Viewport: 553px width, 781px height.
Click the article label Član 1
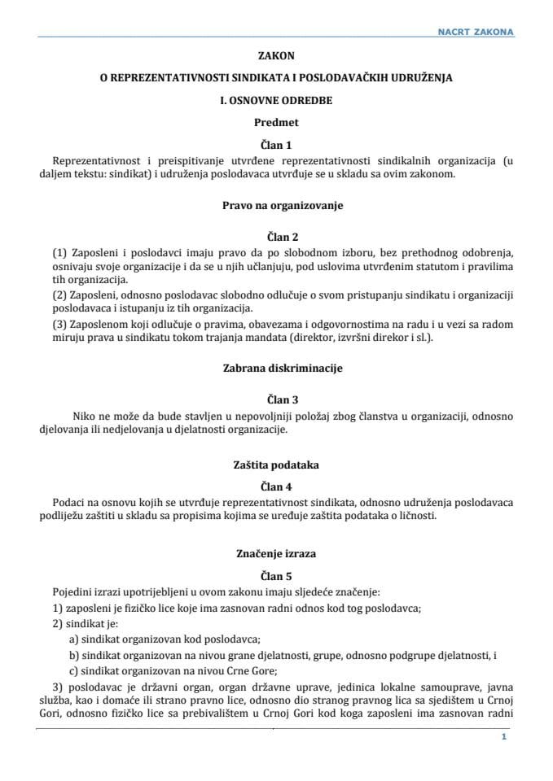[x=276, y=145]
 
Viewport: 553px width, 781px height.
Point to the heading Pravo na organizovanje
[x=276, y=206]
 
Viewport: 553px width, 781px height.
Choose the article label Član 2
[x=276, y=237]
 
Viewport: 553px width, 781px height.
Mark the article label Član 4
[x=276, y=486]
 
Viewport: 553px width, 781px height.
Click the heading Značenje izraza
[x=276, y=553]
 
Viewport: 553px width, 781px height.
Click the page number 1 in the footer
[x=505, y=736]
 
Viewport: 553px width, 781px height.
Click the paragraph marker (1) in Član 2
[x=59, y=253]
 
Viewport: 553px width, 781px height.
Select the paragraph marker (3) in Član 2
[x=59, y=324]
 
